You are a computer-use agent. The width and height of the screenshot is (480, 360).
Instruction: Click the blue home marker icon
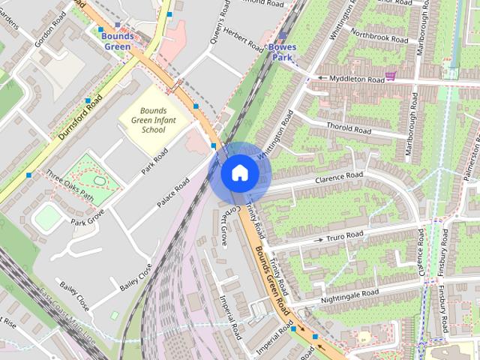(240, 173)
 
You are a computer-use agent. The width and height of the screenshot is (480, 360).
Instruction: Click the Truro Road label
(345, 237)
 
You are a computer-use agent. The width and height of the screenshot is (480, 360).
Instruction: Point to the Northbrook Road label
(379, 36)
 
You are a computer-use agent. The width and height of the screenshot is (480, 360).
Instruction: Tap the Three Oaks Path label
(70, 175)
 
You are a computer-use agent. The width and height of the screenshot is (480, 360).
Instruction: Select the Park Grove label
(88, 219)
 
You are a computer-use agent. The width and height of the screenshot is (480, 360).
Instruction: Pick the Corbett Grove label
(222, 226)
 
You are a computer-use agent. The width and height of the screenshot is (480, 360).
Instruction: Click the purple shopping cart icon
(390, 76)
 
